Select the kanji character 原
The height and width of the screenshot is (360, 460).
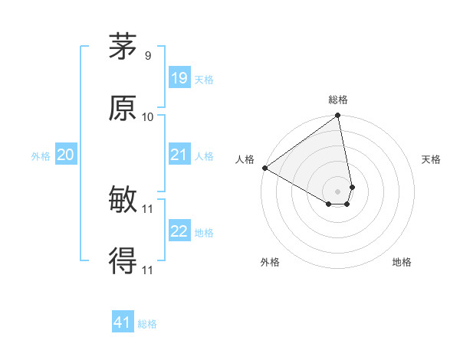123,108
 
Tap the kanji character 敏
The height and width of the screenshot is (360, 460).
123,200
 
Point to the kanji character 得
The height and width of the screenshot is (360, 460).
123,261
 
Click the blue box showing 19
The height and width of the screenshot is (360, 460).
179,78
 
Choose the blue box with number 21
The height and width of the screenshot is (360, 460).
179,155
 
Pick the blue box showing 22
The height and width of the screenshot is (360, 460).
179,232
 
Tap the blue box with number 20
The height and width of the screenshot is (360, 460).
65,155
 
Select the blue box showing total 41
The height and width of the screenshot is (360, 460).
123,322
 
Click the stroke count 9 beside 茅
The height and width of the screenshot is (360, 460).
147,56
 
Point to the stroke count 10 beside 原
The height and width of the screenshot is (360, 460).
148,117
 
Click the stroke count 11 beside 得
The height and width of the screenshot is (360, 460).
148,270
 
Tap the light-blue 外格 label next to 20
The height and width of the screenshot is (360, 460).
41,156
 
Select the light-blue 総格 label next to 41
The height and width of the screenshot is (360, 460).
147,324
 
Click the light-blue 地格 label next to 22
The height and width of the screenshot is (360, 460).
204,233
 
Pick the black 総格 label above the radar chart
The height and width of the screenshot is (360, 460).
338,100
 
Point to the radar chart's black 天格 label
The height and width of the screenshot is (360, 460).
432,159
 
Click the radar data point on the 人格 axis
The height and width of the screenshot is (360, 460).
264,168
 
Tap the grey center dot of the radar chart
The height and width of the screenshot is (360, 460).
337,191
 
